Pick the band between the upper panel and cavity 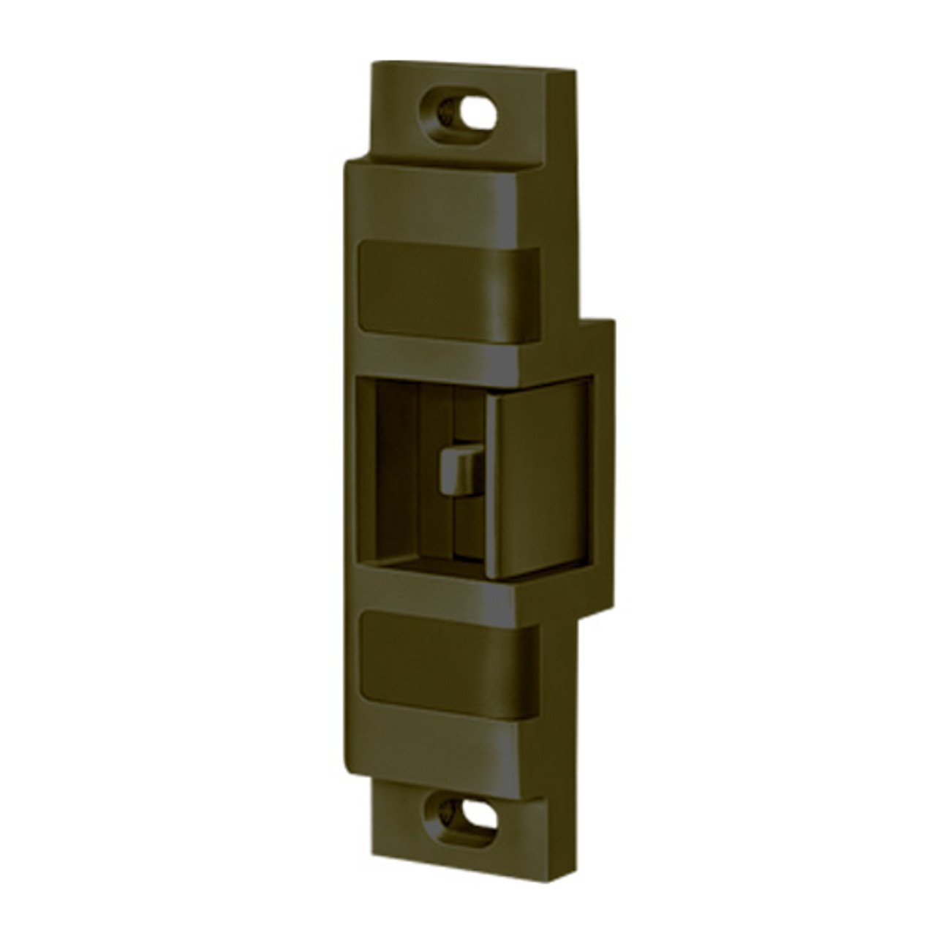(x=439, y=358)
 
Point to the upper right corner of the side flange (x=612, y=321)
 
